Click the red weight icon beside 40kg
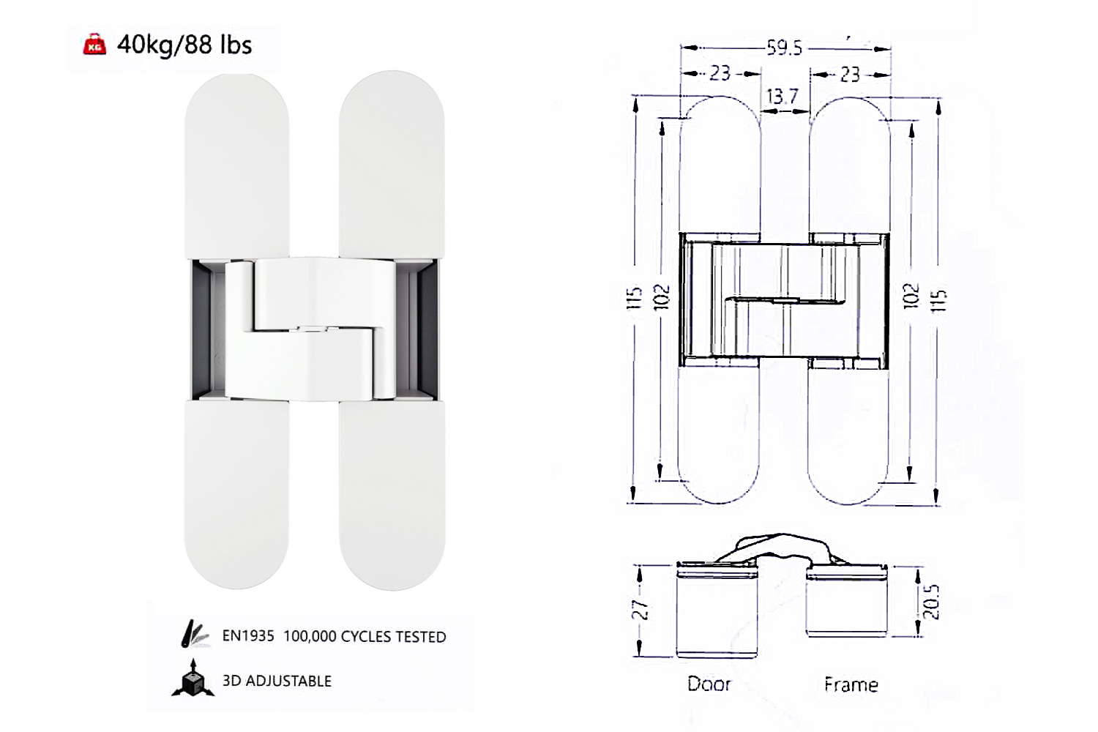(x=94, y=45)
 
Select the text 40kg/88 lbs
(x=184, y=45)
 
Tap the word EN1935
(x=248, y=636)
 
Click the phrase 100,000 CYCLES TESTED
(x=365, y=637)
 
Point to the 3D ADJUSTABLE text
(x=277, y=681)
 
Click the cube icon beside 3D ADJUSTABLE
(x=193, y=679)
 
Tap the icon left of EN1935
(x=194, y=634)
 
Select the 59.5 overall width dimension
(x=785, y=48)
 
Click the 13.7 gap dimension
(x=783, y=97)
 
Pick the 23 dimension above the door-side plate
(x=720, y=73)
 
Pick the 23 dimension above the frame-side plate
(x=850, y=74)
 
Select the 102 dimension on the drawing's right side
(x=911, y=296)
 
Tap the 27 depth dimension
(x=639, y=610)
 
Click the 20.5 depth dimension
(x=931, y=602)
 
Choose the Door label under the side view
(x=709, y=684)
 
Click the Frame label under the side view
(x=851, y=684)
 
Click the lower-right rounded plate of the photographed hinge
(x=392, y=498)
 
